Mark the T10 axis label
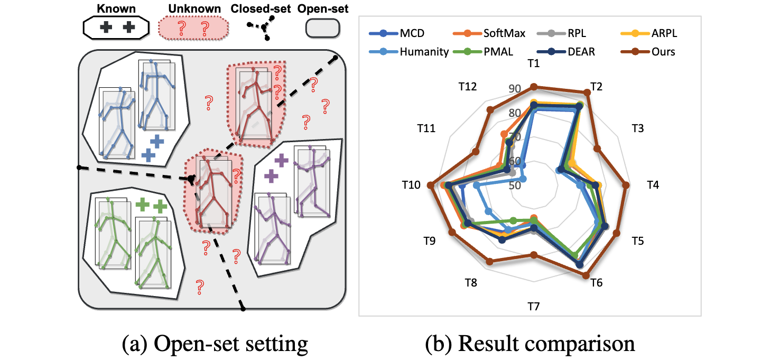pyautogui.click(x=411, y=185)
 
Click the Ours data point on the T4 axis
pyautogui.click(x=626, y=185)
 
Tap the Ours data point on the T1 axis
pyautogui.click(x=534, y=87)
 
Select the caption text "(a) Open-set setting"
pyautogui.click(x=215, y=344)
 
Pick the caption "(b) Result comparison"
pyautogui.click(x=530, y=344)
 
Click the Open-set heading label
pyautogui.click(x=323, y=9)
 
